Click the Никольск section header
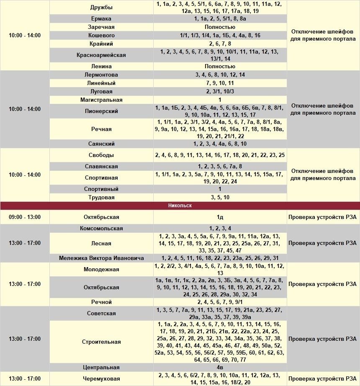[180, 206]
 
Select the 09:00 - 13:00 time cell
[25, 217]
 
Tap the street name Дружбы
[101, 8]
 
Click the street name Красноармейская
[101, 55]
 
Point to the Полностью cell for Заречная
[220, 27]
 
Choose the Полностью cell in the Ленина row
[220, 67]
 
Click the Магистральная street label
[101, 100]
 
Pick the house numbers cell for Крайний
[220, 44]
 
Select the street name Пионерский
[101, 111]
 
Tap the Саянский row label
[101, 144]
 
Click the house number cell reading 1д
[220, 217]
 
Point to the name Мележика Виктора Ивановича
[101, 258]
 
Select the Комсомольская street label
[101, 229]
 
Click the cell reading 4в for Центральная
[220, 368]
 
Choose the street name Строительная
[101, 342]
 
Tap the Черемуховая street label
[101, 379]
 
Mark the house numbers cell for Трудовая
[220, 198]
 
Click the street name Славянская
[101, 167]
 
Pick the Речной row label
[101, 302]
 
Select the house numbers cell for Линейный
[220, 83]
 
